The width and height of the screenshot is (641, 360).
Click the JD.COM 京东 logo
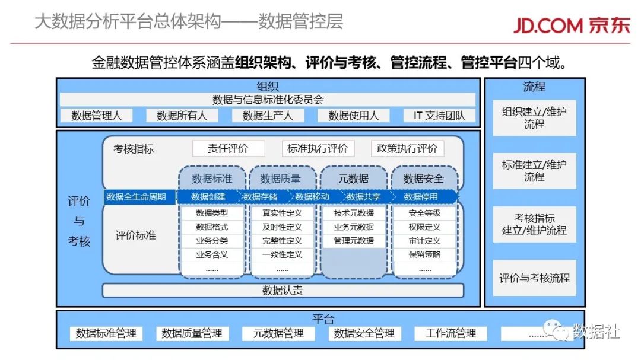click(x=572, y=26)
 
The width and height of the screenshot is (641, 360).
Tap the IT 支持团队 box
click(x=439, y=116)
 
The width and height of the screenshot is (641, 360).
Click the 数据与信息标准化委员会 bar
click(x=268, y=100)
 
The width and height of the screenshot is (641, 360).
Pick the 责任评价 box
click(x=228, y=148)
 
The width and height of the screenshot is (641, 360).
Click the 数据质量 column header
click(x=280, y=179)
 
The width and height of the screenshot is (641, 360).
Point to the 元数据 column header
click(x=353, y=179)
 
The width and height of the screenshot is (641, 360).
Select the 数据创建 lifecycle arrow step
click(x=208, y=197)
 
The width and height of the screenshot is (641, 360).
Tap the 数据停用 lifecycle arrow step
click(x=421, y=197)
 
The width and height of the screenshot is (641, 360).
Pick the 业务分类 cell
click(x=212, y=241)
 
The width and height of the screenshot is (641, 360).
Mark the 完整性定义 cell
click(x=282, y=241)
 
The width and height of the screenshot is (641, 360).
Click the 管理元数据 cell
click(x=354, y=241)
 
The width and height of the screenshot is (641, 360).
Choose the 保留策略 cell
click(x=424, y=254)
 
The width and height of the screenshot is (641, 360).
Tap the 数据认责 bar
click(x=283, y=291)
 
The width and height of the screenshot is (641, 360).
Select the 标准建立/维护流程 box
click(x=534, y=171)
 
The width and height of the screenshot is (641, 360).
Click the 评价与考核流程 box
click(x=534, y=278)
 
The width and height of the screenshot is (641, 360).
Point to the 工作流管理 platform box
click(x=450, y=333)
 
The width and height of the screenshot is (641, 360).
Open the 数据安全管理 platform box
click(x=364, y=333)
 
